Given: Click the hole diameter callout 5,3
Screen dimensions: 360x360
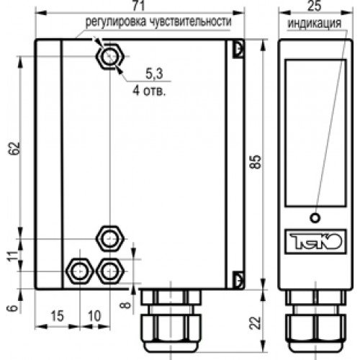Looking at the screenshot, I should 153,73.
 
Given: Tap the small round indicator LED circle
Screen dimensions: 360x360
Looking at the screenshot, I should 314,218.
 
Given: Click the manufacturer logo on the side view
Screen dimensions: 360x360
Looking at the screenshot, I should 314,238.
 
